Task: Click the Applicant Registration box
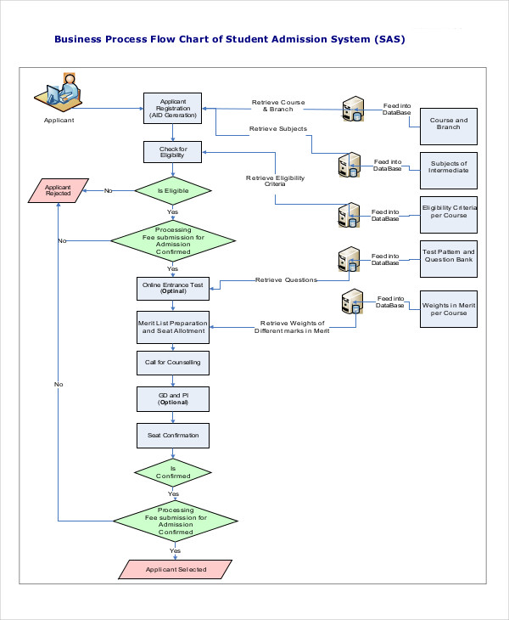pos(173,107)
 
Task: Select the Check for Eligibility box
pos(173,152)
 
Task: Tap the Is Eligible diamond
pos(173,191)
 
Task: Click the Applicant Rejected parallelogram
pos(58,191)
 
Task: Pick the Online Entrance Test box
pos(173,288)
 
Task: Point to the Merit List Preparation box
pos(173,327)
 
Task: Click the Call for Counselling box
pos(173,363)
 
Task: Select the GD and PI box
pos(173,399)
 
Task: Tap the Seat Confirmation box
pos(173,436)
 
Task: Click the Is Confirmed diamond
pos(173,471)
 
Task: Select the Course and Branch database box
pos(449,125)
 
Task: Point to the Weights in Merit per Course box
pos(449,308)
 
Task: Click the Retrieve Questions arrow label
pos(286,279)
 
